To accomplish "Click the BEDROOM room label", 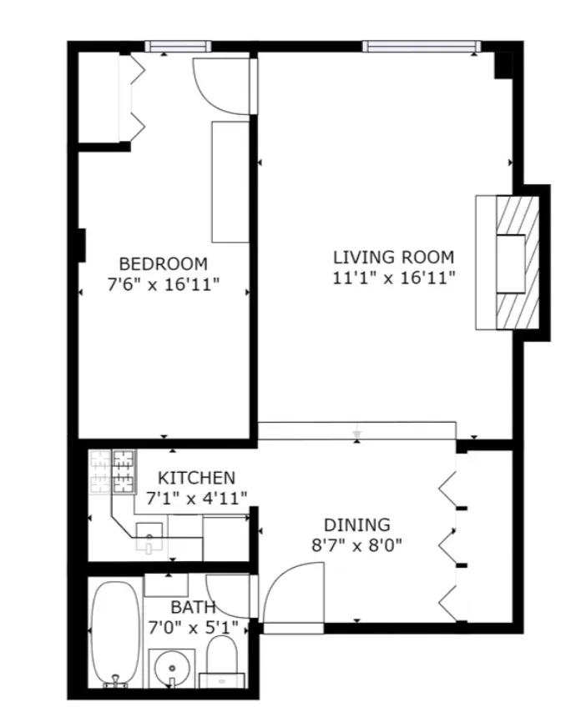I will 163,263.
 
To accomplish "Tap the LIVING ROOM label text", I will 393,257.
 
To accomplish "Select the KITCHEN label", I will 197,478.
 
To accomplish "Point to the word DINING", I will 356,524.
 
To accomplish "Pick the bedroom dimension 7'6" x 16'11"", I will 163,284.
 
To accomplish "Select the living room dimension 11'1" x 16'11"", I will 393,278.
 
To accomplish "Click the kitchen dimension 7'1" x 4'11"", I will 197,499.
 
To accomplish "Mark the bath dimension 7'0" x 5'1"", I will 193,626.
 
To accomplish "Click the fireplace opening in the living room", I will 510,263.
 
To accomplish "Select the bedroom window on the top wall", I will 177,47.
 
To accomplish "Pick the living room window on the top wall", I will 422,46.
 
